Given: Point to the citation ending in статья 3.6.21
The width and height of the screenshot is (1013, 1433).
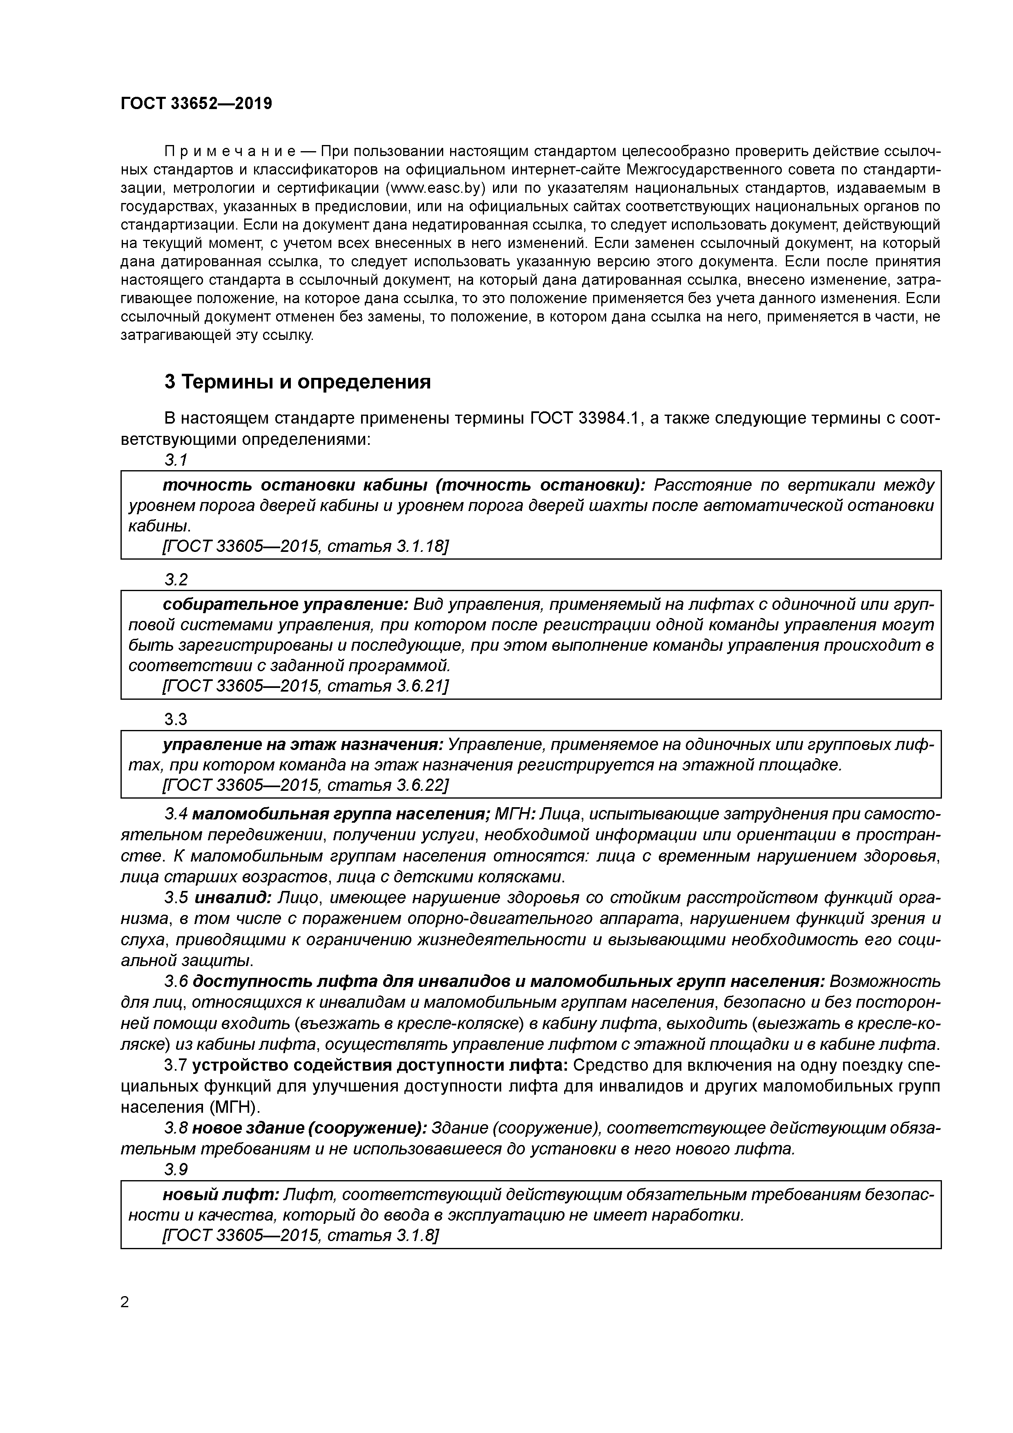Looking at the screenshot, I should tap(305, 686).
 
